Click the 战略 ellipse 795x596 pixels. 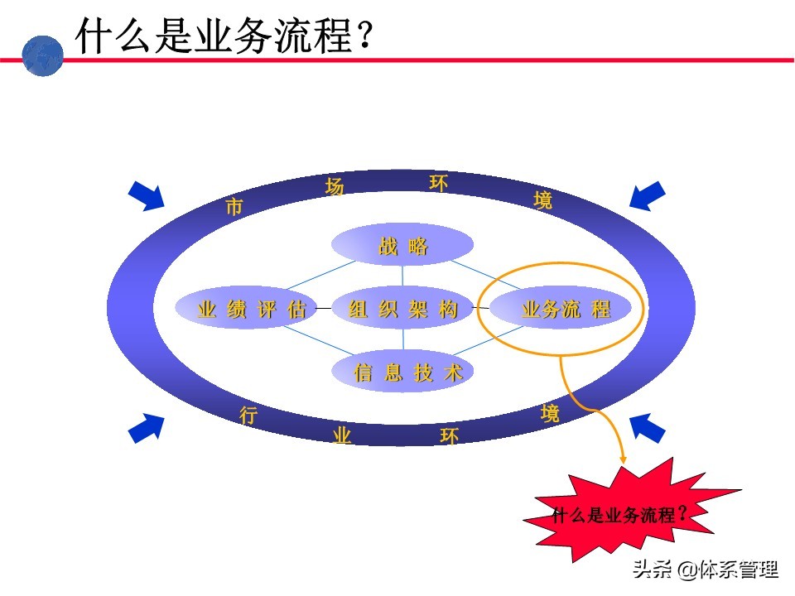pos(402,245)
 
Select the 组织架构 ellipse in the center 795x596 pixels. pos(402,309)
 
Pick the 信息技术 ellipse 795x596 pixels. pos(402,372)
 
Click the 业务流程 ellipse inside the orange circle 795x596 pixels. pos(561,309)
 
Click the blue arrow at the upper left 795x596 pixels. pos(147,195)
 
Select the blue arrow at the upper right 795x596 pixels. pos(647,195)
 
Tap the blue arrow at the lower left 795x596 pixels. pos(147,428)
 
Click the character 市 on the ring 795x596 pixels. pos(234,207)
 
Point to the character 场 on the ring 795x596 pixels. pos(335,187)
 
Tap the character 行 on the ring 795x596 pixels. pos(248,416)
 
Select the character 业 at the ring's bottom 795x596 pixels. pos(341,435)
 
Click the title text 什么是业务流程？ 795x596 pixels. pos(224,36)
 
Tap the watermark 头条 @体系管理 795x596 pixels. pos(706,570)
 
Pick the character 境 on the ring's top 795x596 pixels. pos(543,200)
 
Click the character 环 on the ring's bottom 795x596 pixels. pos(449,435)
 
